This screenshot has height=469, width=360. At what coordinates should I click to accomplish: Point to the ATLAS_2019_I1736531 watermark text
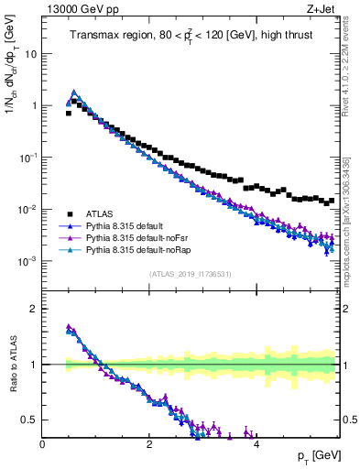(x=190, y=274)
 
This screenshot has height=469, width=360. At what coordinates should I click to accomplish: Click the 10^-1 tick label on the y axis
(x=27, y=158)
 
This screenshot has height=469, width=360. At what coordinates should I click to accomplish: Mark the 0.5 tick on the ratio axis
(x=29, y=420)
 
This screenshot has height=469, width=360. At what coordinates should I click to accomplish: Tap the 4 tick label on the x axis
(x=256, y=443)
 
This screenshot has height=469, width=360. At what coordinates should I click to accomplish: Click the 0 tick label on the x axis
(x=42, y=443)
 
